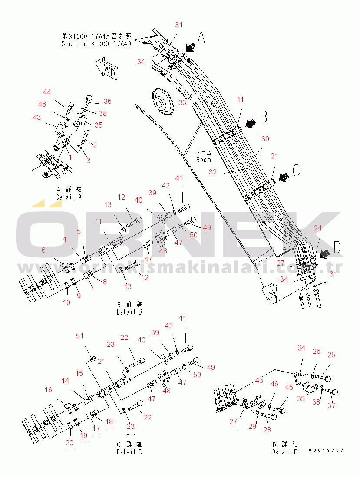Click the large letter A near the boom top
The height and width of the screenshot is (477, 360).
[201, 38]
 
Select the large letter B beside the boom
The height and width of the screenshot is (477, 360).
[264, 116]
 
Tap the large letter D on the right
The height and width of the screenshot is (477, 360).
[337, 247]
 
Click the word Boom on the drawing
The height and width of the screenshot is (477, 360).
[203, 160]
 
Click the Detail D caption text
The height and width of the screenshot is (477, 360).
[285, 452]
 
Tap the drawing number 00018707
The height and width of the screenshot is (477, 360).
[326, 451]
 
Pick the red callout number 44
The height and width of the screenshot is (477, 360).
[46, 92]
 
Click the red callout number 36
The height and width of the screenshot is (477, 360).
[107, 101]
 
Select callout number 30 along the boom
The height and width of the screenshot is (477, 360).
[265, 139]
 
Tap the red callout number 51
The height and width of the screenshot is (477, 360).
[80, 336]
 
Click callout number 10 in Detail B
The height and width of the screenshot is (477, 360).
[66, 303]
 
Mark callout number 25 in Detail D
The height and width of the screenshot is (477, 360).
[331, 355]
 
